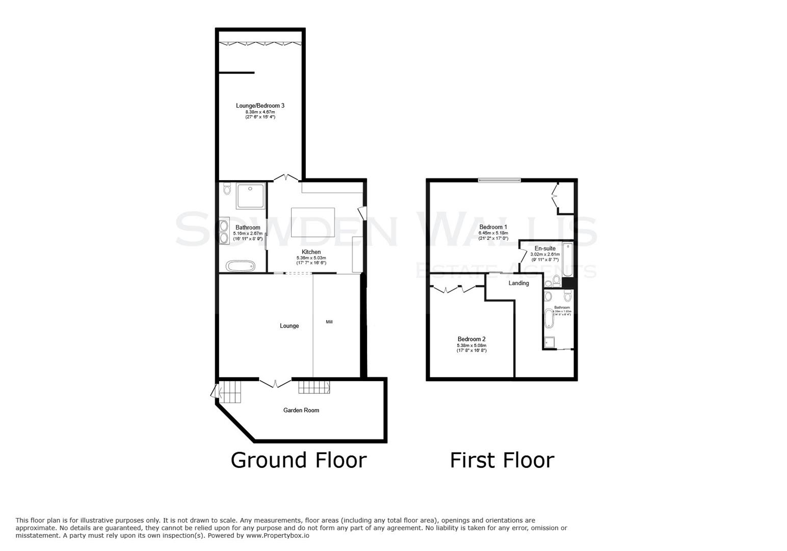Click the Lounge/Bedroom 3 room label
pyautogui.click(x=260, y=106)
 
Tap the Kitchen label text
pyautogui.click(x=311, y=252)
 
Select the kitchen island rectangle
pyautogui.click(x=312, y=223)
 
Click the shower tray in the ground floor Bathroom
pyautogui.click(x=251, y=196)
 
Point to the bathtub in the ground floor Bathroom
pyautogui.click(x=241, y=266)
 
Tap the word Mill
pyautogui.click(x=329, y=322)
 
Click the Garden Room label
pyautogui.click(x=301, y=410)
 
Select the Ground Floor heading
pyautogui.click(x=298, y=460)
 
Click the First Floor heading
pyautogui.click(x=502, y=460)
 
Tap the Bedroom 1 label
pyautogui.click(x=493, y=227)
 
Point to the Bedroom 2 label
pyautogui.click(x=471, y=339)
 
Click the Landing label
pyautogui.click(x=518, y=283)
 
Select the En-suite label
pyautogui.click(x=545, y=248)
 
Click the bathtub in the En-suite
pyautogui.click(x=567, y=260)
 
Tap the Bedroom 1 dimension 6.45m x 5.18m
pyautogui.click(x=493, y=233)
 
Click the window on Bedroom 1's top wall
pyautogui.click(x=500, y=180)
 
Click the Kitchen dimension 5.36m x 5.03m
pyautogui.click(x=311, y=258)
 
